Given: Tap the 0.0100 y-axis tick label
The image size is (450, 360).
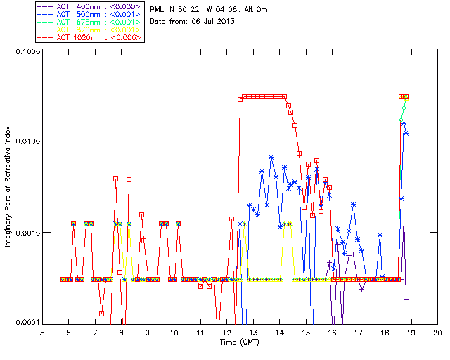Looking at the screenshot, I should coord(26,142).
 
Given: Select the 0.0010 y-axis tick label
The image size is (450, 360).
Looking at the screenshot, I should coord(26,233).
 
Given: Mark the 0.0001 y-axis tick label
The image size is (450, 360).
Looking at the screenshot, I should coord(26,323).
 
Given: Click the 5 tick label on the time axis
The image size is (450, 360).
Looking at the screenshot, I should coord(42,332).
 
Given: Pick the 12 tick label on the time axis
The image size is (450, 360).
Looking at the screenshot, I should coord(226,332).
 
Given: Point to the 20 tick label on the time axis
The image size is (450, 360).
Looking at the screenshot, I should coord(437,332).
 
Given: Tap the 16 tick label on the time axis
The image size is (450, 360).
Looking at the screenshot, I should coord(332,332).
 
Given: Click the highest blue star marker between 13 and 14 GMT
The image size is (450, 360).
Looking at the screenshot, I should coord(271,157).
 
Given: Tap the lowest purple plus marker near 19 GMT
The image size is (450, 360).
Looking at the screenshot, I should coord(406,299).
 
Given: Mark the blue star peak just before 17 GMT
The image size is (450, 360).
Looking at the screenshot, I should coord(354,204).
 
